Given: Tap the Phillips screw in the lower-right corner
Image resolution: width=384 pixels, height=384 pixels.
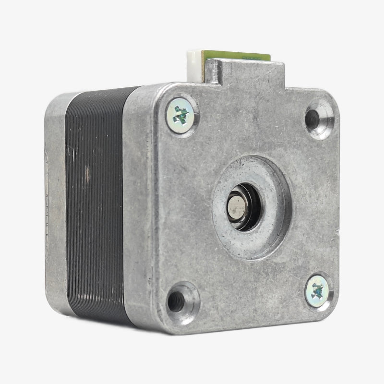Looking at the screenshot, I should [317, 291].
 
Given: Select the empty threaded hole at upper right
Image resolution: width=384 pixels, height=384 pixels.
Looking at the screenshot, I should [313, 117].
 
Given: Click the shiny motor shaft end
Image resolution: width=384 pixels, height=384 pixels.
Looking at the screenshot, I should [236, 206].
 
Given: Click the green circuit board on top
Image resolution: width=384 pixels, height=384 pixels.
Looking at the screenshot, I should [235, 56].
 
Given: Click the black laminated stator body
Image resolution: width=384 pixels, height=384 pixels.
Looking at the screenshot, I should [96, 202].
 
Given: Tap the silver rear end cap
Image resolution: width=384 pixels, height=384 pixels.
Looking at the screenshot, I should [55, 202].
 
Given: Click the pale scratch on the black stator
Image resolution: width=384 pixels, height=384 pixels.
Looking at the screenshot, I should [87, 175].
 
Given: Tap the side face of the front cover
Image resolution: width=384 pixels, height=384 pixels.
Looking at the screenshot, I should [137, 206].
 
